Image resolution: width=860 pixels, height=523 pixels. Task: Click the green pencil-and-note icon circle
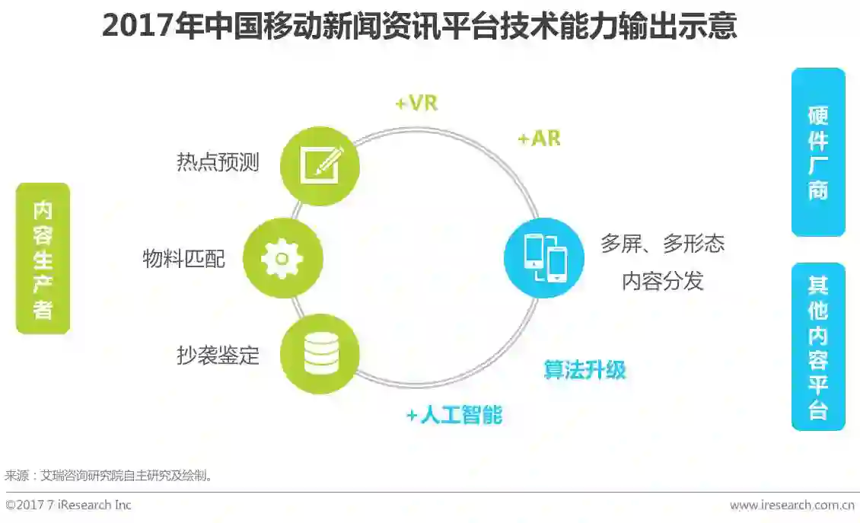coord(320,165)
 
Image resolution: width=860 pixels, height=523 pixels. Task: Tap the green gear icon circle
coord(282,259)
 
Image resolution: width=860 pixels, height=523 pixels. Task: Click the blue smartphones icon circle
coord(543,257)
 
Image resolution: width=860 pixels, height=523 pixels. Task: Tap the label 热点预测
coord(218,162)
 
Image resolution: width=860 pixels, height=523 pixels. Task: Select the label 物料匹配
coord(184,259)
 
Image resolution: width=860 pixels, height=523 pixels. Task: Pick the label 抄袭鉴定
coord(218,355)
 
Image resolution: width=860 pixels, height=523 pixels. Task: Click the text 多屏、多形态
coord(662,244)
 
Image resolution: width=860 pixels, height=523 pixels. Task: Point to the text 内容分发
coord(662,281)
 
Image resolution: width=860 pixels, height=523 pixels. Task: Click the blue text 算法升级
coord(584,370)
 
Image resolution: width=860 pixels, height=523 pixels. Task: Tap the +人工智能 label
coord(454,415)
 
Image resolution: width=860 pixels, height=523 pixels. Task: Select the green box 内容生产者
coord(43,259)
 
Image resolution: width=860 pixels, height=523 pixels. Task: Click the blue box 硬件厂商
coord(817,152)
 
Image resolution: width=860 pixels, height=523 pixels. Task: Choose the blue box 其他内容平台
coord(817,346)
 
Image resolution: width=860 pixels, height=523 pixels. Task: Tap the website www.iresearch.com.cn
coord(792,505)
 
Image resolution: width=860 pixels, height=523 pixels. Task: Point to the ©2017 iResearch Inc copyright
coord(68,505)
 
